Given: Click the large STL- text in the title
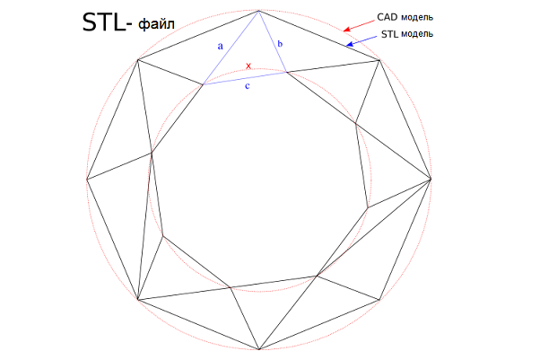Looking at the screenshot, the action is [107, 22].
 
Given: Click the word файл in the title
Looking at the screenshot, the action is [157, 24].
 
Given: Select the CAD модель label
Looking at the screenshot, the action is [405, 17].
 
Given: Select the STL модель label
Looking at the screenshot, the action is [407, 34].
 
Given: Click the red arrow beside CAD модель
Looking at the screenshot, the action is [359, 26].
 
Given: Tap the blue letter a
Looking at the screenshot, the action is [221, 46].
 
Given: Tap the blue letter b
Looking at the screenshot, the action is [280, 43].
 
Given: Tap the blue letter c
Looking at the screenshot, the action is [248, 86].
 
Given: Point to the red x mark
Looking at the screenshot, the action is [248, 66].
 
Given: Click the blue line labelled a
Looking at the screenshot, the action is [231, 48].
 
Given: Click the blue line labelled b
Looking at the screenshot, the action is [273, 41].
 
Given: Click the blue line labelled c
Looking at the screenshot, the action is [245, 78].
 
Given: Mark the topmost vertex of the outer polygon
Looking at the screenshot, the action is [259, 11].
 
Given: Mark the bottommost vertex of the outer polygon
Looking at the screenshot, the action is [259, 349].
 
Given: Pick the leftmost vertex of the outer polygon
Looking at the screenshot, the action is [87, 179].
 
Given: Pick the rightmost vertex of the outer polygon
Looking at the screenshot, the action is [431, 179].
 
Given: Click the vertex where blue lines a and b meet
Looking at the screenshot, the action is [259, 11].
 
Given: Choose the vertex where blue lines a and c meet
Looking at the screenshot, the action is [204, 84].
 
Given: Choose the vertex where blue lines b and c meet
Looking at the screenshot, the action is [286, 72].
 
